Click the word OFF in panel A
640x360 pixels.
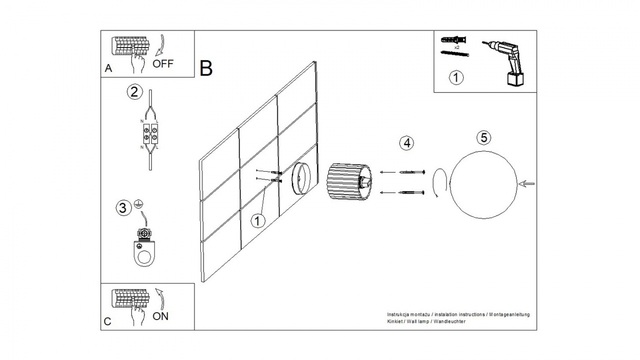pyautogui.click(x=163, y=64)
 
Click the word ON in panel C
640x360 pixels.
pyautogui.click(x=160, y=316)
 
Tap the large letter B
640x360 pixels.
pyautogui.click(x=206, y=68)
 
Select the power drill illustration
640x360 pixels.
pyautogui.click(x=506, y=62)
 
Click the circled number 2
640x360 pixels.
pyautogui.click(x=135, y=92)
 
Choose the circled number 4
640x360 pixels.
pyautogui.click(x=406, y=143)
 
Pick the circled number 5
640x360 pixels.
pyautogui.click(x=484, y=138)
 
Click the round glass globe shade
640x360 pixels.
pyautogui.click(x=484, y=184)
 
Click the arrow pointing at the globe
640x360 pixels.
pyautogui.click(x=528, y=184)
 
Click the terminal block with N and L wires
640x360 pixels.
pyautogui.click(x=151, y=132)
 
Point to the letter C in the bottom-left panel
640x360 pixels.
pyautogui.click(x=108, y=322)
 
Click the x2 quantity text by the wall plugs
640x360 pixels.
pyautogui.click(x=456, y=47)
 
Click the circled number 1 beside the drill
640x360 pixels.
pyautogui.click(x=456, y=77)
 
